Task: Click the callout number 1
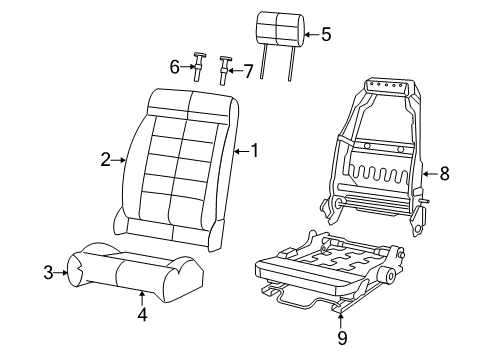pyautogui.click(x=254, y=151)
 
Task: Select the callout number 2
pyautogui.click(x=105, y=158)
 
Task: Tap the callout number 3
pyautogui.click(x=48, y=271)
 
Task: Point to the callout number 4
pyautogui.click(x=142, y=317)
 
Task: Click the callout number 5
pyautogui.click(x=325, y=34)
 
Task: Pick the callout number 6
pyautogui.click(x=174, y=67)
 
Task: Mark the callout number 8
pyautogui.click(x=444, y=173)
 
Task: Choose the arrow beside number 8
pyautogui.click(x=428, y=173)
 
